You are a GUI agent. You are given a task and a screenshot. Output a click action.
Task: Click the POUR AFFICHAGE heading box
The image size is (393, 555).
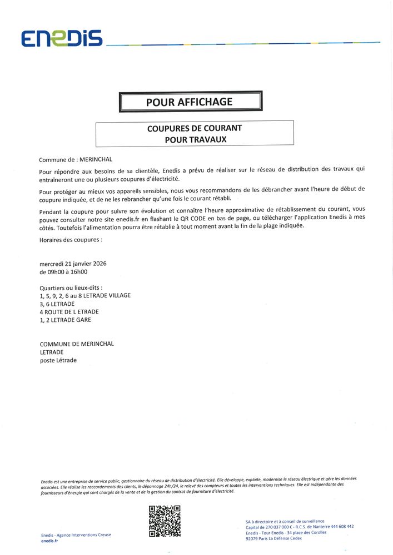[190, 102]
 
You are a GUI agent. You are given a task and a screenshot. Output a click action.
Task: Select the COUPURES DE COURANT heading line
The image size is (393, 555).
[194, 128]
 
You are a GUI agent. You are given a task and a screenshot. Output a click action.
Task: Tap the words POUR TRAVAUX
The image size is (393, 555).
[195, 139]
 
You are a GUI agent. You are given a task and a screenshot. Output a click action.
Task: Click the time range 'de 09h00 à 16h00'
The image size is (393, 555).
[63, 272]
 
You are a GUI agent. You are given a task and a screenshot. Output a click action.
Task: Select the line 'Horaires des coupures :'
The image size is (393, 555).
[71, 240]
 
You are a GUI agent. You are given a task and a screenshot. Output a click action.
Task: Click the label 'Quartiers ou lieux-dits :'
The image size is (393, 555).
[71, 288]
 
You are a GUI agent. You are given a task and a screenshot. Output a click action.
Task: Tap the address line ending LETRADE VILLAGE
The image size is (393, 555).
[85, 296]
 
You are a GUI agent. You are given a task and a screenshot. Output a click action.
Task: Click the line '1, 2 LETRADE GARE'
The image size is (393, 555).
[65, 320]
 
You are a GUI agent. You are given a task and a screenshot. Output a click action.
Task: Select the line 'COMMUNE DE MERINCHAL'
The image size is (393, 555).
[77, 344]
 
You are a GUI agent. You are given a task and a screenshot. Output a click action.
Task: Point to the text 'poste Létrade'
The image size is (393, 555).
[58, 360]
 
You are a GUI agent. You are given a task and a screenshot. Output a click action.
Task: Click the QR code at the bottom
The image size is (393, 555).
[165, 521]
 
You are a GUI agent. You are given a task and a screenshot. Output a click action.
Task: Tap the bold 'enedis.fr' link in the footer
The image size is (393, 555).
[49, 541]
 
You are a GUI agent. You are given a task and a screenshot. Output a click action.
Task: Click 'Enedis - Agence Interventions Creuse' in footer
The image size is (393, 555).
[76, 534]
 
